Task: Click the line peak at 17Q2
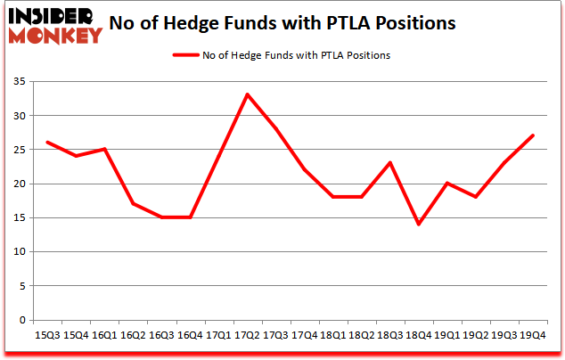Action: (x=247, y=94)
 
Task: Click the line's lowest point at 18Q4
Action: (x=419, y=224)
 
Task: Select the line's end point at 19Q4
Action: (x=533, y=135)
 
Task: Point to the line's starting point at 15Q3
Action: (x=47, y=143)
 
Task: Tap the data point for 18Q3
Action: (x=390, y=162)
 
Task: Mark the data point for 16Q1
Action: (x=104, y=149)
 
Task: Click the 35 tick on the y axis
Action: (x=19, y=82)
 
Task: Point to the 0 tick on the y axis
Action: (x=22, y=319)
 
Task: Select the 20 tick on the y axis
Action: (x=19, y=184)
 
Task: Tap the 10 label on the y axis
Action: (x=19, y=251)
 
